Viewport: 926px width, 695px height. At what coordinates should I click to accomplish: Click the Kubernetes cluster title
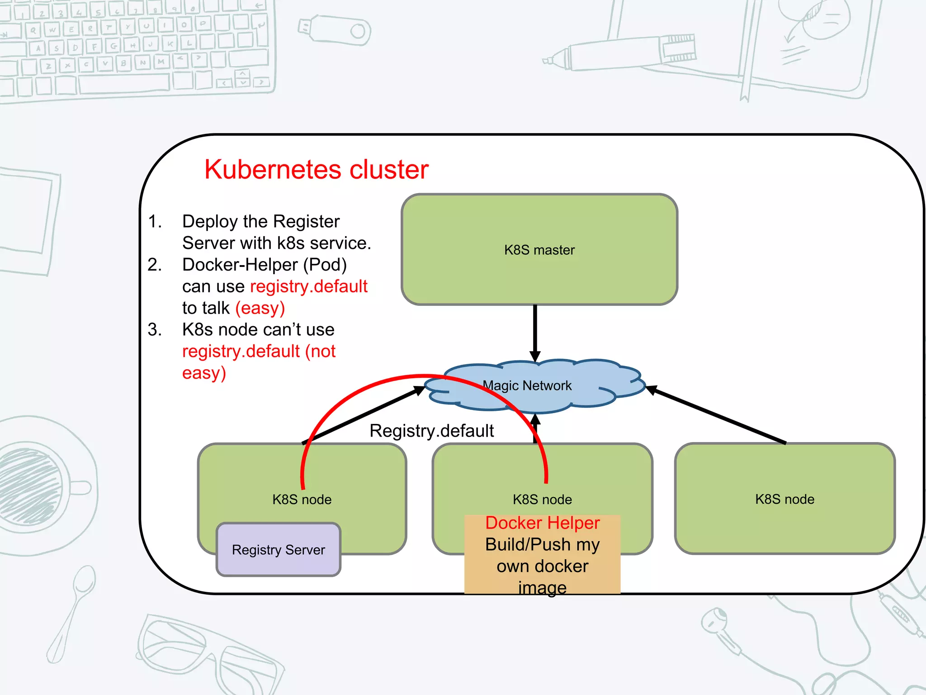[x=316, y=170]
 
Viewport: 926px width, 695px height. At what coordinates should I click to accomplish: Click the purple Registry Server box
[x=278, y=550]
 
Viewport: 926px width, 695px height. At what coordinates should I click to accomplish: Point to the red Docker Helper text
[x=542, y=523]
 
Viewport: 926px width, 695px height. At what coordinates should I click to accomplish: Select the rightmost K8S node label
[x=784, y=499]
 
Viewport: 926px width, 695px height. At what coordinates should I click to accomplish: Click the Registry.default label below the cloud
[x=431, y=431]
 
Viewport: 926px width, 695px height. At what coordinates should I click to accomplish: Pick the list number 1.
[x=155, y=221]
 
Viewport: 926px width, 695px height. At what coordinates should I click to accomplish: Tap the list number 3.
[x=155, y=329]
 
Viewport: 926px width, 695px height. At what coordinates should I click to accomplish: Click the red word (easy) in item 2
[x=260, y=308]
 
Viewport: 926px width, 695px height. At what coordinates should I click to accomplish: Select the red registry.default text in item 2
[x=309, y=286]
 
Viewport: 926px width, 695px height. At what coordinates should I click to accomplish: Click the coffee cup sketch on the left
[x=36, y=484]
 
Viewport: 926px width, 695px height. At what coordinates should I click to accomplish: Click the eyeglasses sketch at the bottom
[x=208, y=652]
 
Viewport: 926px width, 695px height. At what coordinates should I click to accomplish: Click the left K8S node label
[x=302, y=500]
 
